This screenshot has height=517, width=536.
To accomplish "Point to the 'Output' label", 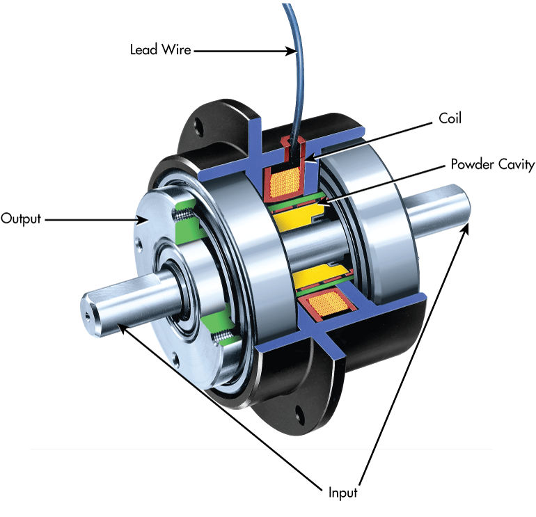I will point(21,218).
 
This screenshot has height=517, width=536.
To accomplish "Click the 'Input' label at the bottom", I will point(342,493).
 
